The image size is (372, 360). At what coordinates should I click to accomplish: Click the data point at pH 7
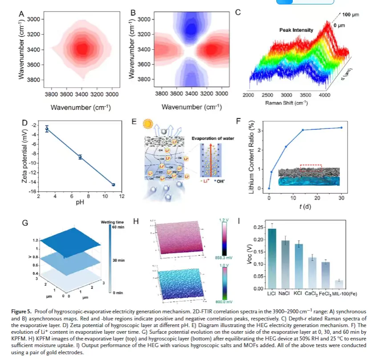click(x=80, y=157)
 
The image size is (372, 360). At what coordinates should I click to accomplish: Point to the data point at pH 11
click(x=113, y=184)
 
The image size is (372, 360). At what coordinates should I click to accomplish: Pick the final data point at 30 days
click(x=341, y=128)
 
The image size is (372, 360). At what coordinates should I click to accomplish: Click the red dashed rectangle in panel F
click(x=310, y=167)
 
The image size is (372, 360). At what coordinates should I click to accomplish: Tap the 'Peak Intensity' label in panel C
click(x=296, y=30)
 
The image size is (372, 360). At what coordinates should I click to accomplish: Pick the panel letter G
click(x=25, y=222)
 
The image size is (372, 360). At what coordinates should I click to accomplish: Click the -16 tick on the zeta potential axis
click(x=34, y=191)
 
